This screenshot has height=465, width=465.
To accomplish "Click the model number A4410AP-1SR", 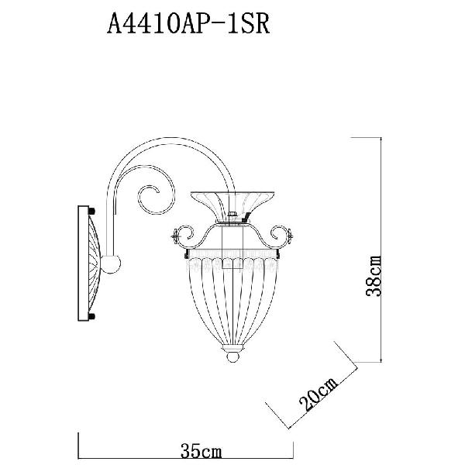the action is pos(188,23).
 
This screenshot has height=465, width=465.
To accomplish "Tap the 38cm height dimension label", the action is pos(373,276).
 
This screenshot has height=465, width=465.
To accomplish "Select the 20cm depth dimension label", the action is pos(318,394).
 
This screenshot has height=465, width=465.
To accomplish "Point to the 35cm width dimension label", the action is pos(201,452).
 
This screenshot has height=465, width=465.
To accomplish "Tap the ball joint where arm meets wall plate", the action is pos(111,263).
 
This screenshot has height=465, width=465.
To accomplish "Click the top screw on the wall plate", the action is pos(91,211).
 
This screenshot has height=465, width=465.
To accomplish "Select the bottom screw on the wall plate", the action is pos(91,316).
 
